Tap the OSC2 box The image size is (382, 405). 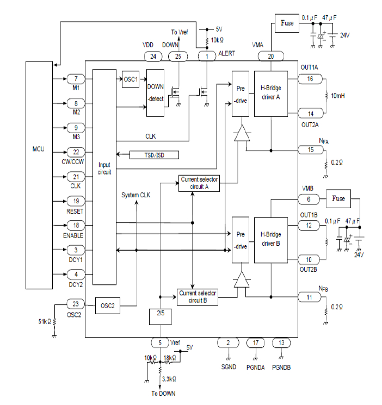pyautogui.click(x=108, y=306)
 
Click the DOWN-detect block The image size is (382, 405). pyautogui.click(x=155, y=93)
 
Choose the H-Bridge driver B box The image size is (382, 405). pyautogui.click(x=270, y=240)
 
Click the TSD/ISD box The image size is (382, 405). pyautogui.click(x=155, y=154)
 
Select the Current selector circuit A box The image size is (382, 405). pyautogui.click(x=198, y=183)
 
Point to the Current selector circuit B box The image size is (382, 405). pyautogui.click(x=198, y=297)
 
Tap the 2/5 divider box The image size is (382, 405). pyautogui.click(x=159, y=315)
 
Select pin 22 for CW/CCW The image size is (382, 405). pyautogui.click(x=76, y=152)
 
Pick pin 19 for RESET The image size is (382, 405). pyautogui.click(x=76, y=201)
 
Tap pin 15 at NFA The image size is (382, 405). pyautogui.click(x=311, y=149)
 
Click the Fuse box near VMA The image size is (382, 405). pyautogui.click(x=287, y=23)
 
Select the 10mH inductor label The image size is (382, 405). pyautogui.click(x=339, y=96)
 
